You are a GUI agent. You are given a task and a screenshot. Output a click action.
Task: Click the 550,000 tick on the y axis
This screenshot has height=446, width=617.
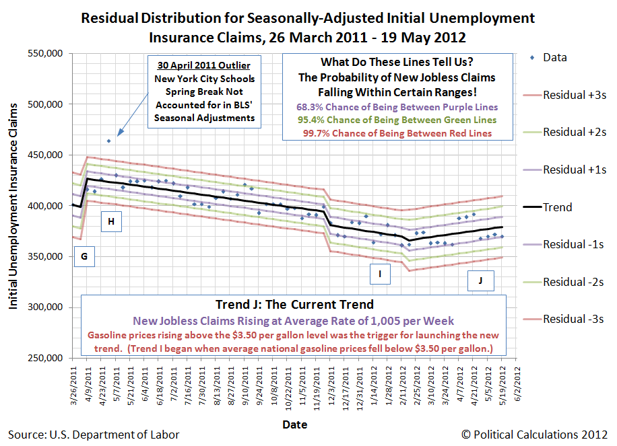click(44, 54)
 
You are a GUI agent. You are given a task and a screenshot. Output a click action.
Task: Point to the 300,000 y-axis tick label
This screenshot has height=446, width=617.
click(44, 307)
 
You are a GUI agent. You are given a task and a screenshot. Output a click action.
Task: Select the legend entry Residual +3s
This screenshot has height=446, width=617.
click(575, 95)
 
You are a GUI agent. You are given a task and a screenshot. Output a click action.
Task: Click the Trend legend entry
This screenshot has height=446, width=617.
click(557, 207)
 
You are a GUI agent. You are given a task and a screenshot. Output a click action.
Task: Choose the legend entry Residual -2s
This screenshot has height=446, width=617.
click(574, 281)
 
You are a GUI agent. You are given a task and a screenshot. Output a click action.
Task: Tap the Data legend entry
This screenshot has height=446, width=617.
click(554, 58)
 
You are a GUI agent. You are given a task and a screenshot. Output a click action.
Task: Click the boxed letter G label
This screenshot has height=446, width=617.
click(84, 256)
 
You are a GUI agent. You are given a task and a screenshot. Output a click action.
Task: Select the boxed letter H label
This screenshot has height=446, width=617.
click(111, 221)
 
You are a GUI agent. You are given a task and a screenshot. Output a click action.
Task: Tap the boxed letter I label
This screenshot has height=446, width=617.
click(380, 274)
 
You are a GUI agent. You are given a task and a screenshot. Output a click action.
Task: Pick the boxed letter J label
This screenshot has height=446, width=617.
click(480, 281)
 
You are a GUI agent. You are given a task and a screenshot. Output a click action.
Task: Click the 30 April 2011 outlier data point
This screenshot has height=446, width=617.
click(108, 141)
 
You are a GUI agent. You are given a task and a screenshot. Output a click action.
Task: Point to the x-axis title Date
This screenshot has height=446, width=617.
click(294, 425)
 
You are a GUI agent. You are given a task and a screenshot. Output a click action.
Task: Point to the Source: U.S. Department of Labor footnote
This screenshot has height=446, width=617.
click(94, 435)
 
